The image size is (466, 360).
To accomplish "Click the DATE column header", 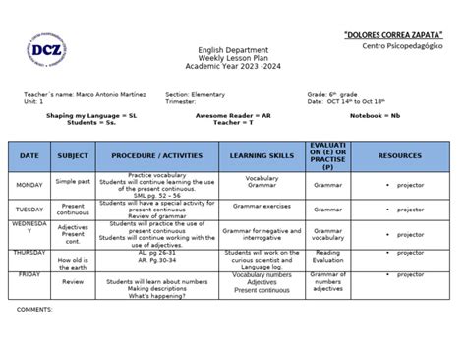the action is point(29,155).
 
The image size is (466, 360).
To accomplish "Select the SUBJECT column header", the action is point(73,155).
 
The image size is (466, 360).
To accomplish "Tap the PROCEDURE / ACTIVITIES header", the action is point(155,155).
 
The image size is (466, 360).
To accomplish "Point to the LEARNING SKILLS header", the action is point(262,155).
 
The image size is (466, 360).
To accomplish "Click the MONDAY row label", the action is point(29,184).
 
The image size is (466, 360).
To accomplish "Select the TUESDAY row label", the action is point(29,210).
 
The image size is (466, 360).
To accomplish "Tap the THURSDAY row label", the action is point(29,253).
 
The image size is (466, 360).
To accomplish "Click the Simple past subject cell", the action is point(73,183).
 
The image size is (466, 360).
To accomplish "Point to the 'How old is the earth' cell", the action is point(73,260).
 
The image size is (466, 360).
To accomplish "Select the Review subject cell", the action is point(73,280).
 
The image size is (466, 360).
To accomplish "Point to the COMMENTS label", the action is point(35,309).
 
